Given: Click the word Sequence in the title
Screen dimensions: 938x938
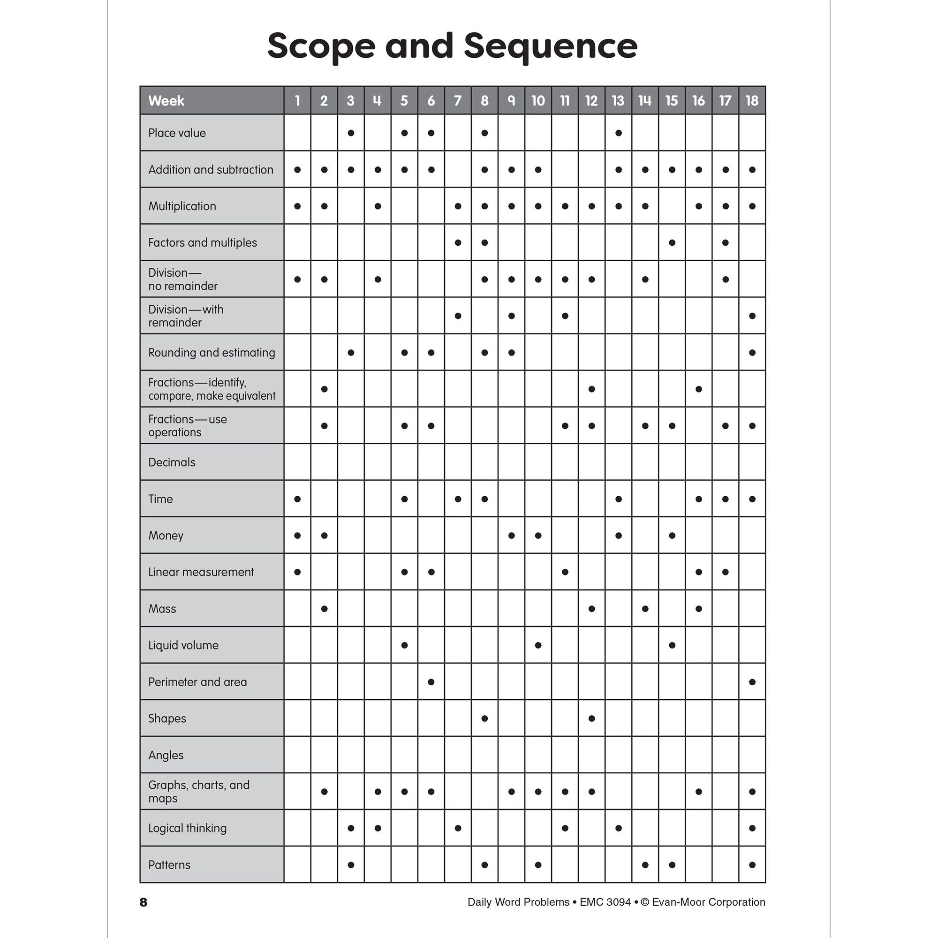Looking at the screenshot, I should [550, 46].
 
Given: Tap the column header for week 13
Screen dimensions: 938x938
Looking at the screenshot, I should [618, 100].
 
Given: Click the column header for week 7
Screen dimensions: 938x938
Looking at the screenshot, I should [457, 100].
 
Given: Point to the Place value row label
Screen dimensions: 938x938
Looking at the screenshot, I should [177, 133].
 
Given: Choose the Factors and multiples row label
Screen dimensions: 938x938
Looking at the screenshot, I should [203, 243].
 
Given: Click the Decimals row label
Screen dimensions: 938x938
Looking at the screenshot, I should [172, 462].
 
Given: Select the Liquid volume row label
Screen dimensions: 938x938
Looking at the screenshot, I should [183, 645].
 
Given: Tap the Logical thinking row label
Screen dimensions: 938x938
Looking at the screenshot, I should [188, 828].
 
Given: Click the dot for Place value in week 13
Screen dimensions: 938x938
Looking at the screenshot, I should [618, 133].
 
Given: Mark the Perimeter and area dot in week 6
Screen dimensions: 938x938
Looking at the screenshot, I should [431, 681].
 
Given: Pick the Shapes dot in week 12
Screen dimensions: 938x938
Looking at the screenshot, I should [591, 719].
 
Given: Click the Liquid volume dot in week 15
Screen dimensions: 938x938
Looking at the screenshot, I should [672, 645].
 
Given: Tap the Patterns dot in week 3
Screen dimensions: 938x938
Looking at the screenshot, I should [351, 865].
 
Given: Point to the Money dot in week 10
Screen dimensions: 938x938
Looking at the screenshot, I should [538, 536].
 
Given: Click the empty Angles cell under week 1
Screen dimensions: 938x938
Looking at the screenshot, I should [297, 755].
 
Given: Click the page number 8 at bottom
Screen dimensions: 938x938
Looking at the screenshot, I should [143, 902].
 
